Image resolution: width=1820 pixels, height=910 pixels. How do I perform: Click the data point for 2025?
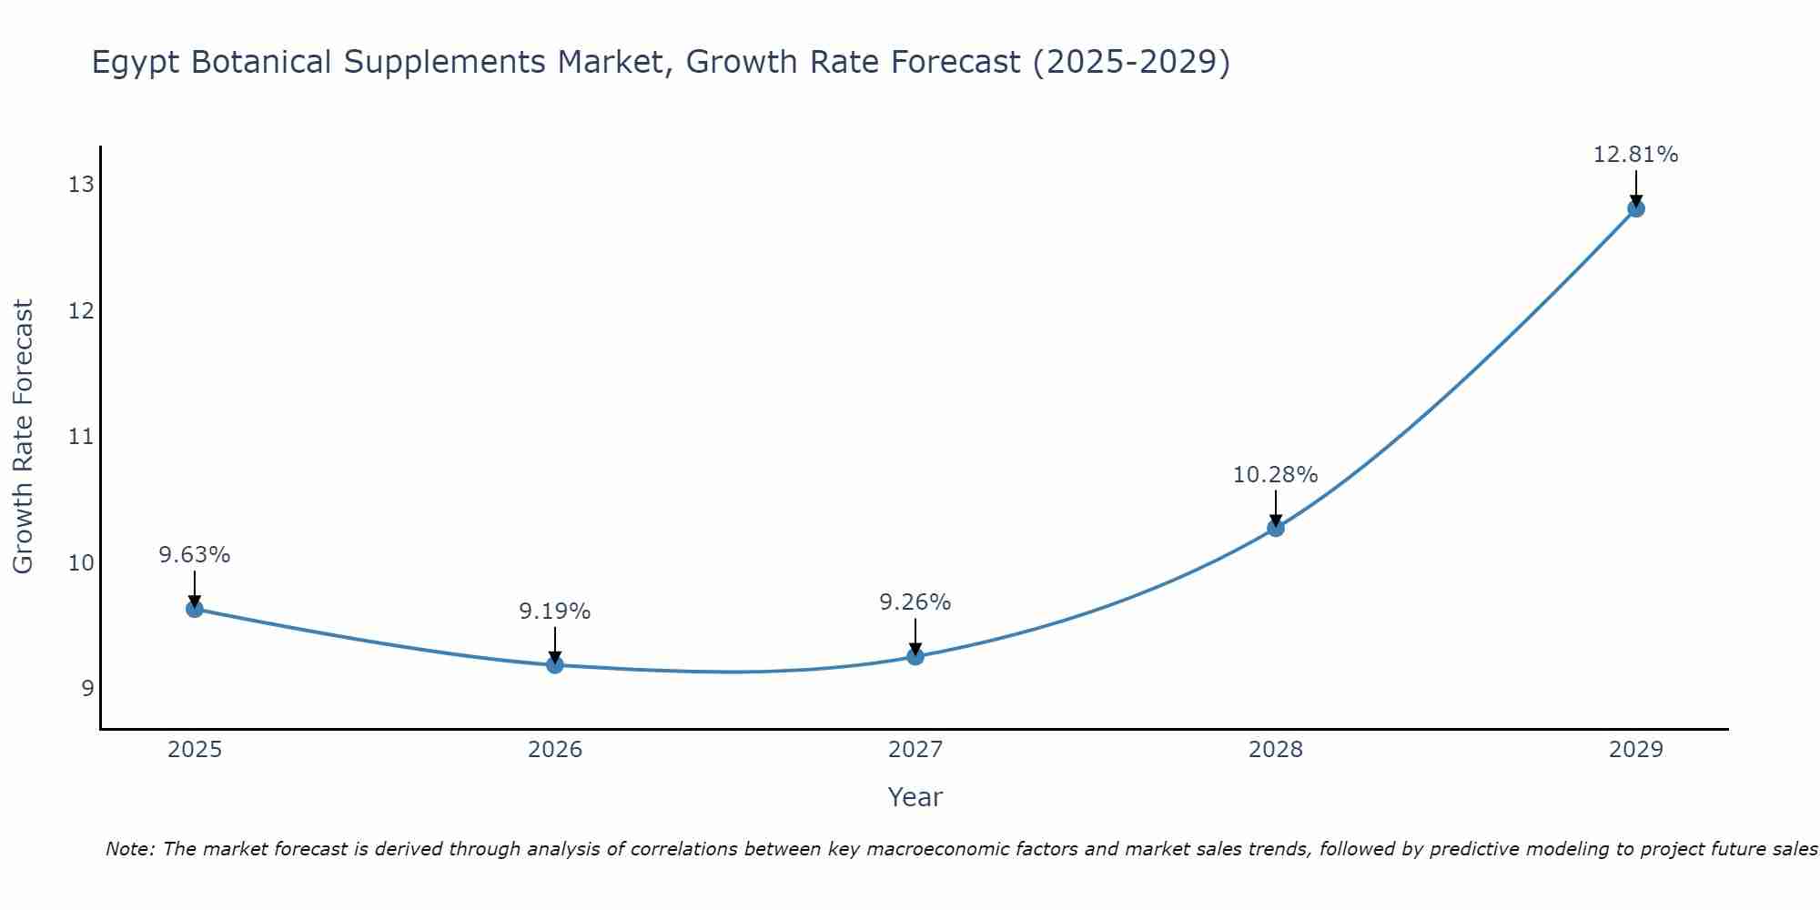coord(195,609)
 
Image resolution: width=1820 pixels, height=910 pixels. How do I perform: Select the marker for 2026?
coord(555,665)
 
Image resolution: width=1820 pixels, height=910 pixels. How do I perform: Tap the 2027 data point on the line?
coord(915,656)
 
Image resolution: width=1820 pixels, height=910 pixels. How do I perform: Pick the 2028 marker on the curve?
coord(1276,528)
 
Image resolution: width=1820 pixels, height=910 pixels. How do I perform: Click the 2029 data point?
coord(1635,208)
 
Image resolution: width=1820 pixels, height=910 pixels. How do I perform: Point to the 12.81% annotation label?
coord(1635,155)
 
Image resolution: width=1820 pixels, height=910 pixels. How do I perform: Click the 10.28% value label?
coord(1275,475)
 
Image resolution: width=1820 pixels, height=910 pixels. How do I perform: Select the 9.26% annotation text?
coord(915,602)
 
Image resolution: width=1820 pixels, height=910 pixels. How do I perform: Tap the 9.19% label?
coord(555,612)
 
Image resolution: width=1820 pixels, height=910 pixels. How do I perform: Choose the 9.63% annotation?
coord(195,555)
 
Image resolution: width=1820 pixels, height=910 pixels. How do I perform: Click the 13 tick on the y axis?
coord(81,186)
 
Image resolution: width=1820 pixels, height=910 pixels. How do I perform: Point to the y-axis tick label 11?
coord(81,437)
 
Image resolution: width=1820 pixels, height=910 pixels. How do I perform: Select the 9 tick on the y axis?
coord(87,689)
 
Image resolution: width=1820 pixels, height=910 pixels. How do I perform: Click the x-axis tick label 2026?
coord(555,750)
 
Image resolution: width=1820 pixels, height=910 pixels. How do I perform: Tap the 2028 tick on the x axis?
coord(1275,750)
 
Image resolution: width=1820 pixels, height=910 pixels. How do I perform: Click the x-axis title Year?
coord(915,797)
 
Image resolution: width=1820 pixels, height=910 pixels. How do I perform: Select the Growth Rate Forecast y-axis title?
coord(24,437)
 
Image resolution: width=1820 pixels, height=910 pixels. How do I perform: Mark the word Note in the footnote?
coord(130,849)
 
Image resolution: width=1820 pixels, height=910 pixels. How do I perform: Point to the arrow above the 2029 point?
coord(1635,187)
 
